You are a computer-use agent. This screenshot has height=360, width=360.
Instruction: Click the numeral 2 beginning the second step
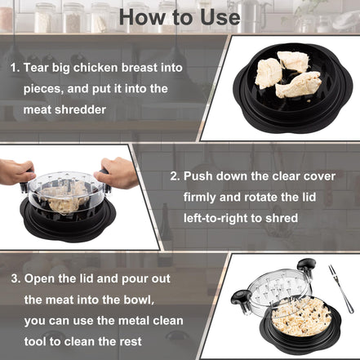coord(174,176)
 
